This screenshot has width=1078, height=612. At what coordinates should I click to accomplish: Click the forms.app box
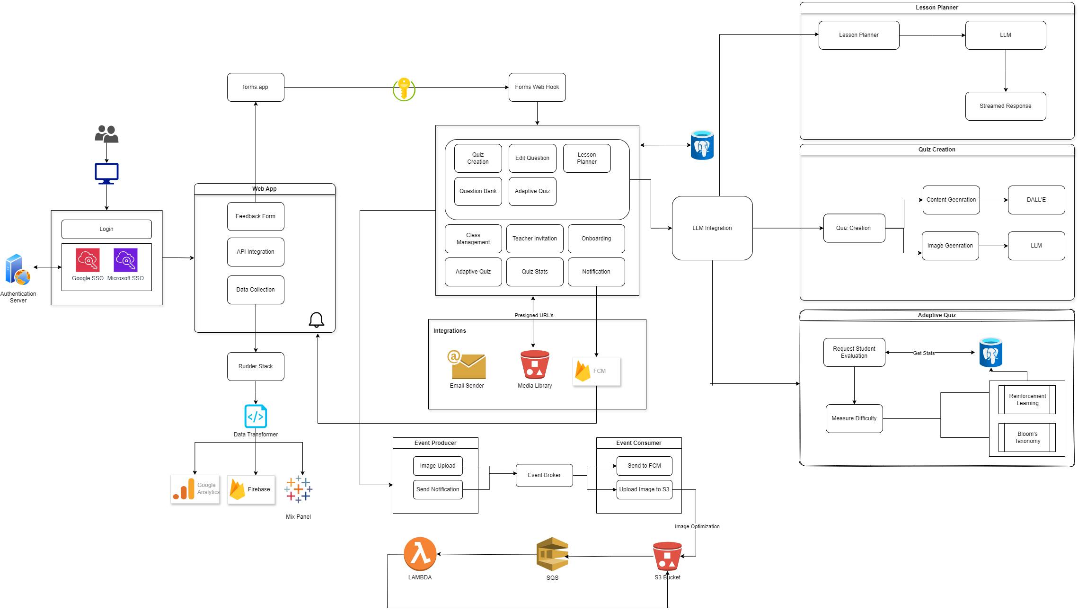(256, 87)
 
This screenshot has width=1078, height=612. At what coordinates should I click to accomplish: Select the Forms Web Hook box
(537, 87)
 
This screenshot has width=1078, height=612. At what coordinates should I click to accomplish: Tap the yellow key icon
(404, 89)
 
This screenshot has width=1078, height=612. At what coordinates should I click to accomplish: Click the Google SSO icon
(88, 260)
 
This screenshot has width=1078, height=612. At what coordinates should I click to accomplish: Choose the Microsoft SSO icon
(125, 260)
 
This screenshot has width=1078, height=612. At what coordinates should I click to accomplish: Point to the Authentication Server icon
(18, 269)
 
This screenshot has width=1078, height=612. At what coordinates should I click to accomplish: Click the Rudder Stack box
(256, 366)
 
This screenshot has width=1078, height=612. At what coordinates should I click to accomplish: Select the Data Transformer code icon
(256, 417)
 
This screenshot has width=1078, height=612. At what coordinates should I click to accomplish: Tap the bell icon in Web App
(316, 320)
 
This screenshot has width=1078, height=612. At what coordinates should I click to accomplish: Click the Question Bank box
(478, 191)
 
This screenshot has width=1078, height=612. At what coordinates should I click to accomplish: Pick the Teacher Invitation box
(535, 239)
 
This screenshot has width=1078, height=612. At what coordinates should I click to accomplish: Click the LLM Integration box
(712, 228)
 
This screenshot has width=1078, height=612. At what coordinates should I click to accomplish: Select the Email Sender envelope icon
(467, 365)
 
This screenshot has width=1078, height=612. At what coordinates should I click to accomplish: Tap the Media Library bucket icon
(535, 364)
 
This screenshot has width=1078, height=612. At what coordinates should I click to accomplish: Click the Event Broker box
(544, 475)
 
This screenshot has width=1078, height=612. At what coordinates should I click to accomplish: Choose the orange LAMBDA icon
(420, 554)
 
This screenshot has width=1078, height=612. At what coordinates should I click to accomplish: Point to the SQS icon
(552, 554)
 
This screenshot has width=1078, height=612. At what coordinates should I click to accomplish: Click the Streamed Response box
(1006, 106)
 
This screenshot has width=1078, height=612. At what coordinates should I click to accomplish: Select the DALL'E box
(1036, 200)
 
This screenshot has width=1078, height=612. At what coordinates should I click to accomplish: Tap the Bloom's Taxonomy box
(1027, 437)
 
